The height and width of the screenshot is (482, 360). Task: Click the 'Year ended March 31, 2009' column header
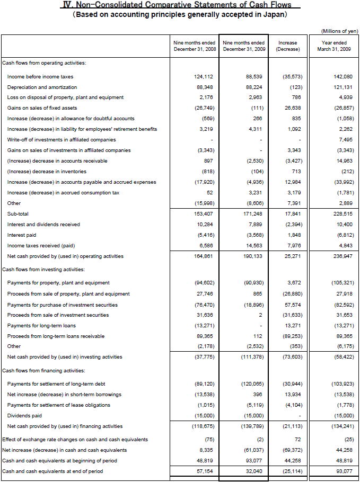click(x=334, y=46)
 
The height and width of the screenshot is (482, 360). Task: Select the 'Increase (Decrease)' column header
click(x=288, y=46)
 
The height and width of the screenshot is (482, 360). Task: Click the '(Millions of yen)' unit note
click(x=340, y=31)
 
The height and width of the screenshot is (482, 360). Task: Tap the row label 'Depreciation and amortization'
click(x=42, y=87)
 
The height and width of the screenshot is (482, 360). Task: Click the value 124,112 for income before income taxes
click(x=204, y=77)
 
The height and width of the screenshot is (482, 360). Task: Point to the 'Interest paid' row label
click(x=22, y=235)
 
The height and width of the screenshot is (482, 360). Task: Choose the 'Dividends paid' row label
click(x=24, y=416)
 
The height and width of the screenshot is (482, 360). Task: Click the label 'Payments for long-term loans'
click(x=41, y=326)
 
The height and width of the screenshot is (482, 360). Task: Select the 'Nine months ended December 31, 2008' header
click(x=194, y=46)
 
